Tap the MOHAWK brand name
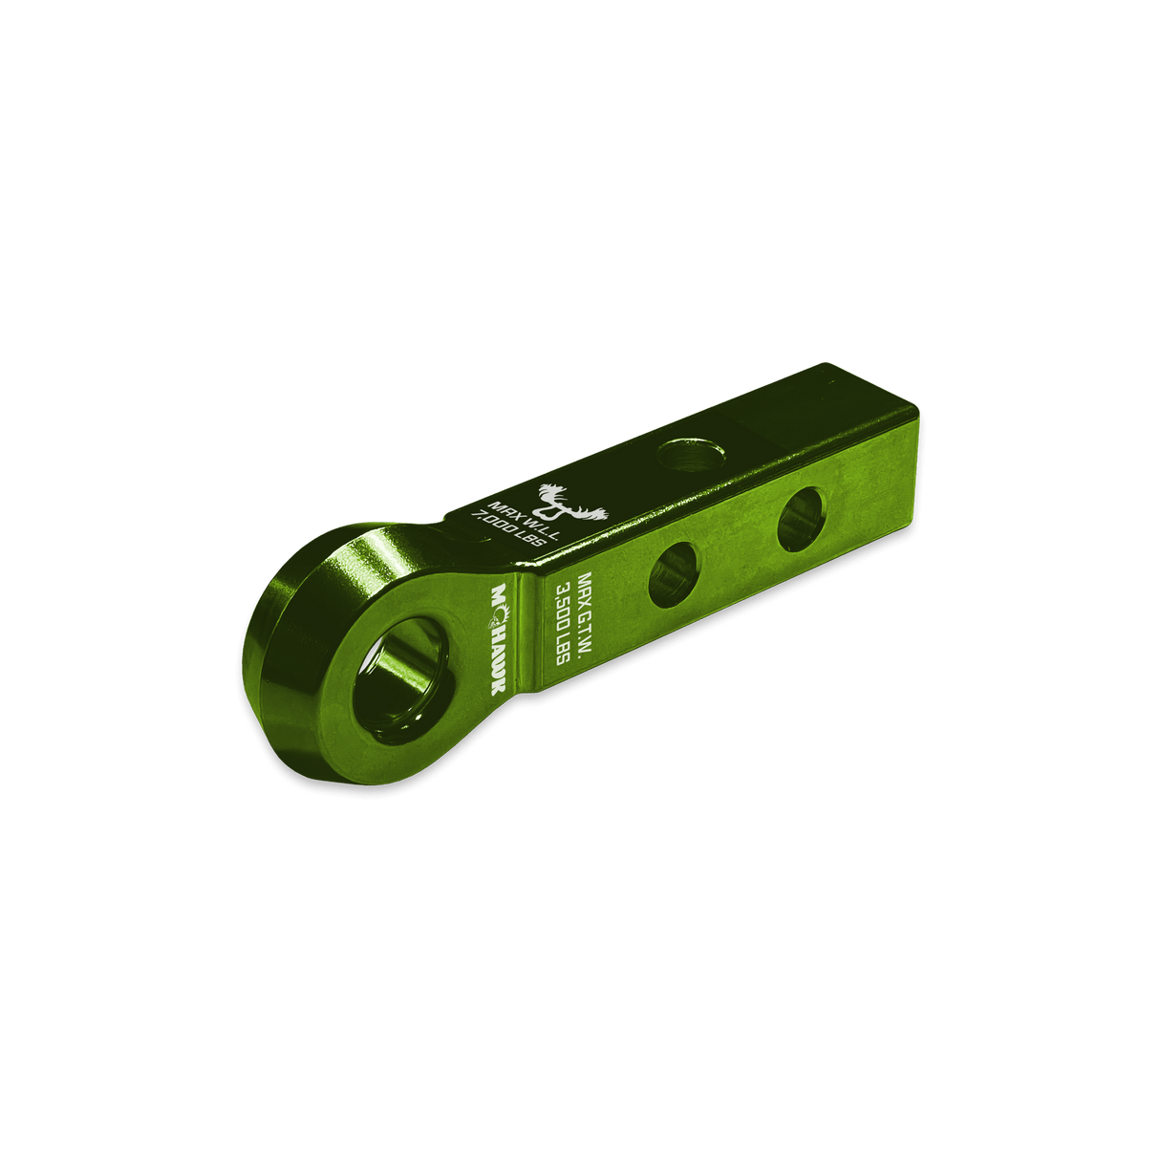click(499, 638)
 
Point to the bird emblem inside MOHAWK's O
click(500, 615)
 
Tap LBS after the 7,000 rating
click(529, 545)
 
